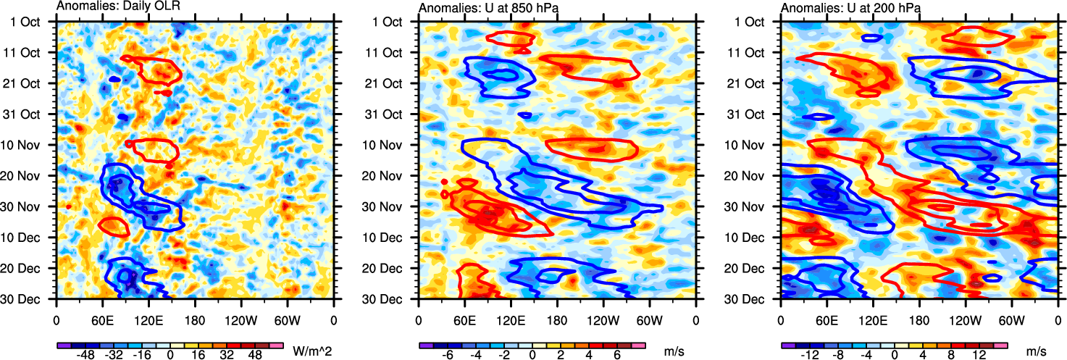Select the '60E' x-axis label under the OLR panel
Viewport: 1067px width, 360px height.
pos(102,318)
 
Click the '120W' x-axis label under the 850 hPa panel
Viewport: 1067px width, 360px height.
pos(603,318)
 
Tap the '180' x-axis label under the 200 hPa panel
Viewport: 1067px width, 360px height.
pos(919,318)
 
